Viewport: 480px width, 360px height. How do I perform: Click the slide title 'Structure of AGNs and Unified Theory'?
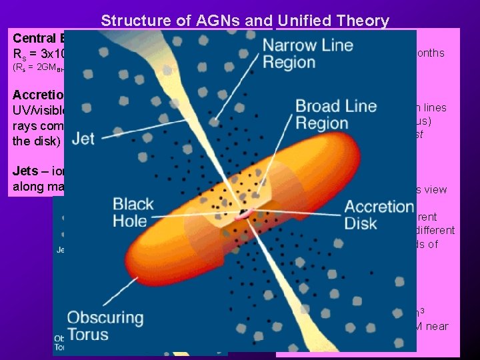click(x=245, y=21)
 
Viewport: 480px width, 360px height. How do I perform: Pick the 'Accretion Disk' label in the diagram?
click(x=379, y=214)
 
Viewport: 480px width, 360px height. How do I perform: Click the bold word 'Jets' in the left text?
click(x=25, y=171)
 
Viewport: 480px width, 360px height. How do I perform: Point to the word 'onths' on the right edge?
click(x=429, y=53)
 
